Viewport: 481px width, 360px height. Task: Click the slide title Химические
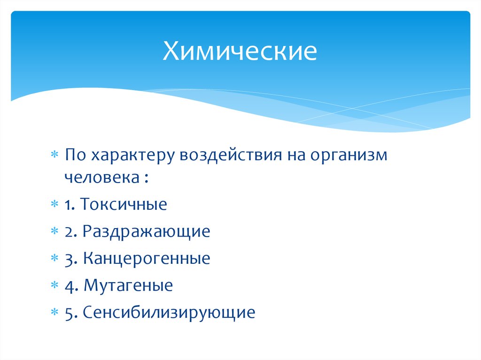coord(240,52)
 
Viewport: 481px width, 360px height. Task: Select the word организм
coord(348,156)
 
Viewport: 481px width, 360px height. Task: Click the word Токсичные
coord(123,205)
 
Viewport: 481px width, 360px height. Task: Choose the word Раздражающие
coord(146,232)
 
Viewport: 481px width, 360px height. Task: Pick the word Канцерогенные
coord(147,259)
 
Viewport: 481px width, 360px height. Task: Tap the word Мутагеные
coord(128,285)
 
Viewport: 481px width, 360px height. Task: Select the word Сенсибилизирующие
coord(169,313)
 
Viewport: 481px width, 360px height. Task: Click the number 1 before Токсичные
coord(69,205)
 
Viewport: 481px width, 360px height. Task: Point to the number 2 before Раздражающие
coord(70,232)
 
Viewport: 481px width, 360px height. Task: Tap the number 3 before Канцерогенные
coord(70,259)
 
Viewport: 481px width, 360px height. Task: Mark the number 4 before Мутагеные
coord(70,285)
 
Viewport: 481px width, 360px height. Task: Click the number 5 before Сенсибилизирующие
coord(70,313)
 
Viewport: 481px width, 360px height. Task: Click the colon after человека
coord(148,178)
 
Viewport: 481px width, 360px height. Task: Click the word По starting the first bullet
coord(76,155)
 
